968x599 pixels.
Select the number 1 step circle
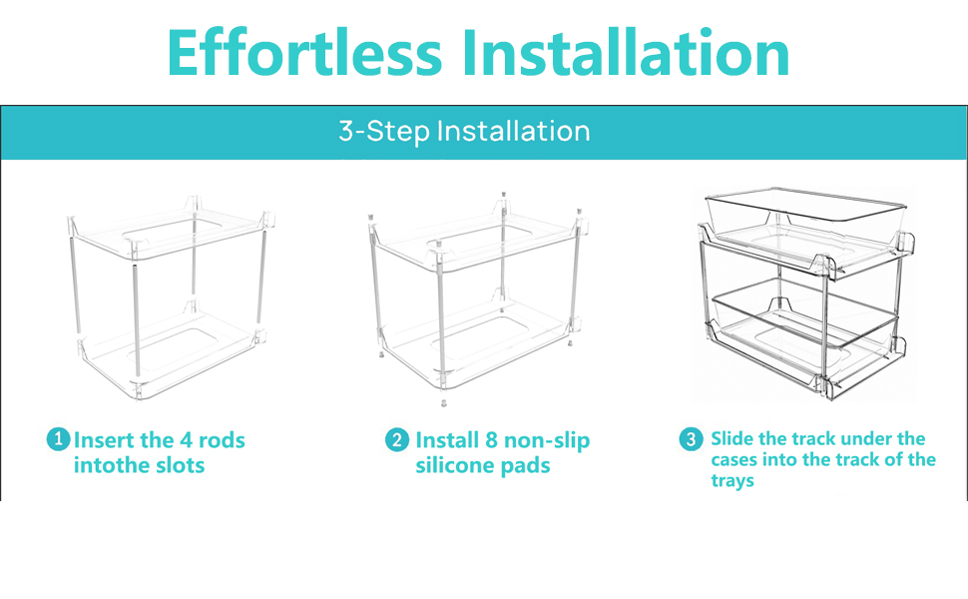point(59,439)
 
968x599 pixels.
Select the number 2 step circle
point(397,440)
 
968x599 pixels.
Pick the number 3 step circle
point(692,439)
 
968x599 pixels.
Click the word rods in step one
point(222,440)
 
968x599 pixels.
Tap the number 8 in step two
point(490,440)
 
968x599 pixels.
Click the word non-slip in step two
point(548,440)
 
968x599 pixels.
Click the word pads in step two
point(527,466)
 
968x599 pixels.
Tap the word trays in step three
point(732,481)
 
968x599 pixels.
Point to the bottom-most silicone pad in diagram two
point(441,403)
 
